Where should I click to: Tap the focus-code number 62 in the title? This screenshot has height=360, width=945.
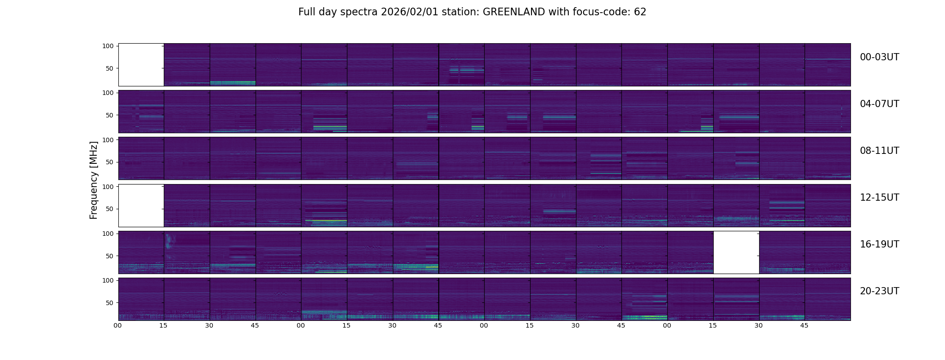[640, 12]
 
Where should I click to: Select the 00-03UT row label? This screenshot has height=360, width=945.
[879, 57]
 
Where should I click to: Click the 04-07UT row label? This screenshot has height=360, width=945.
[879, 104]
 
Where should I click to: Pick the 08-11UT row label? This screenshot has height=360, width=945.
[879, 151]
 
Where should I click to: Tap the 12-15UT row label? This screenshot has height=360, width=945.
[879, 198]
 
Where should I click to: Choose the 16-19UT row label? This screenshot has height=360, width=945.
[879, 244]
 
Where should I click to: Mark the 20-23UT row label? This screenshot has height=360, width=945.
[879, 291]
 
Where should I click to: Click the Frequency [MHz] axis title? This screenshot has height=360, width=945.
[94, 180]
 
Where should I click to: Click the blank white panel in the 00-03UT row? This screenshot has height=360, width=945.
[141, 65]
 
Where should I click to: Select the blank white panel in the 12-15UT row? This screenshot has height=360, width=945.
[141, 205]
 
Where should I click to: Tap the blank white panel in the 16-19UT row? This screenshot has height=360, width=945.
[736, 252]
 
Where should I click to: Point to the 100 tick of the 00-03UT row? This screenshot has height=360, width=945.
[108, 46]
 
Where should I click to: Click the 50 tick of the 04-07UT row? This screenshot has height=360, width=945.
[109, 115]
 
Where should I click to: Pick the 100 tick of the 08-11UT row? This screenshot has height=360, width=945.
[108, 140]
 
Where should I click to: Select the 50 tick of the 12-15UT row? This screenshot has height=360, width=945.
[109, 209]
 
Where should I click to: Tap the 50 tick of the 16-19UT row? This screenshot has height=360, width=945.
[109, 256]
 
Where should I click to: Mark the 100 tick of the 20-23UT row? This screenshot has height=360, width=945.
[108, 280]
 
